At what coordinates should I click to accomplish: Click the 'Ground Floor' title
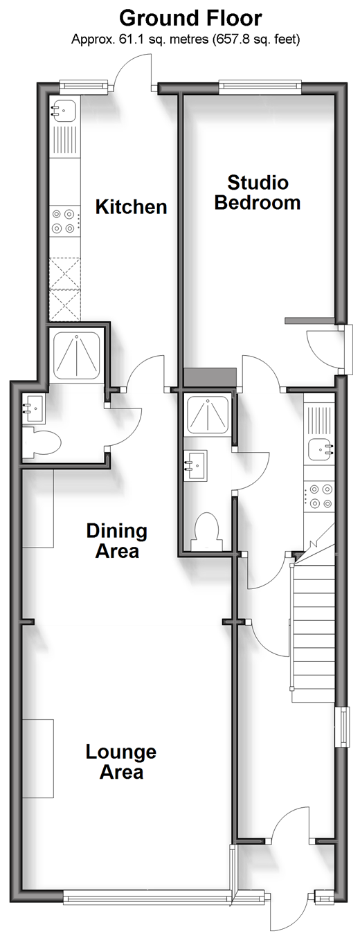coord(190,19)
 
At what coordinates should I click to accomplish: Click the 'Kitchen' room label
coord(131,207)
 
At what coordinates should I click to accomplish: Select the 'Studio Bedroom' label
coord(258,192)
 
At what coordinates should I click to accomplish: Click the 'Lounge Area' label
coord(121,762)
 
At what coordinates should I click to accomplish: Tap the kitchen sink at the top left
coord(63,111)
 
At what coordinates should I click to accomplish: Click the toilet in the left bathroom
coord(42,442)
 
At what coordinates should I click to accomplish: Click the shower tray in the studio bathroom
coord(207,416)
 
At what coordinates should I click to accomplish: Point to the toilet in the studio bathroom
coord(206,530)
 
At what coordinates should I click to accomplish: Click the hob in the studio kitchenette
coord(319,496)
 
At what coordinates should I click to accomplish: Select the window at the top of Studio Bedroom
coord(260,86)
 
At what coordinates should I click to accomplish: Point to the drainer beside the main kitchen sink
coord(64,141)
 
